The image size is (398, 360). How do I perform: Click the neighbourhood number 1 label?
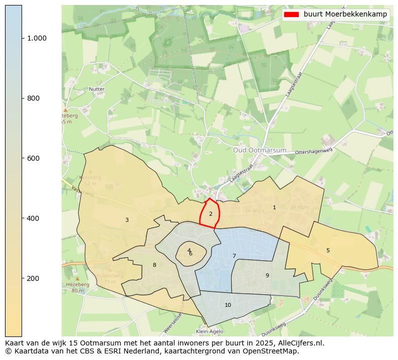[274, 207]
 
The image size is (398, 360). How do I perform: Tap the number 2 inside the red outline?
[211, 214]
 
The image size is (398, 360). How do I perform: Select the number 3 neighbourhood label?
[127, 220]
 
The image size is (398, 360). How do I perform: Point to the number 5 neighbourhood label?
[328, 250]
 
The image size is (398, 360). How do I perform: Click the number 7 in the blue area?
[234, 256]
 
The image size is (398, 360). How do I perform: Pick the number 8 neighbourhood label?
[154, 265]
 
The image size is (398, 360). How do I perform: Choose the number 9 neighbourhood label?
[267, 275]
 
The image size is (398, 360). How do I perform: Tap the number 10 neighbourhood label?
[228, 305]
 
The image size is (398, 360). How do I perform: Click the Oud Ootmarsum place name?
[260, 150]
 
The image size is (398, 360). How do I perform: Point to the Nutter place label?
[97, 89]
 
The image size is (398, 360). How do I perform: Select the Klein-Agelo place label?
[208, 332]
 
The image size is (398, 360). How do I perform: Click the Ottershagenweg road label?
[314, 151]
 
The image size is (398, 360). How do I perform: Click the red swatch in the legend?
[291, 15]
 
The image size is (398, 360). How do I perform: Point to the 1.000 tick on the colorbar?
[37, 38]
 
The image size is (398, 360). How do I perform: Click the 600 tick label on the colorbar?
[33, 158]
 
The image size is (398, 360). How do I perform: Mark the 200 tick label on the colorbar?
[33, 278]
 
